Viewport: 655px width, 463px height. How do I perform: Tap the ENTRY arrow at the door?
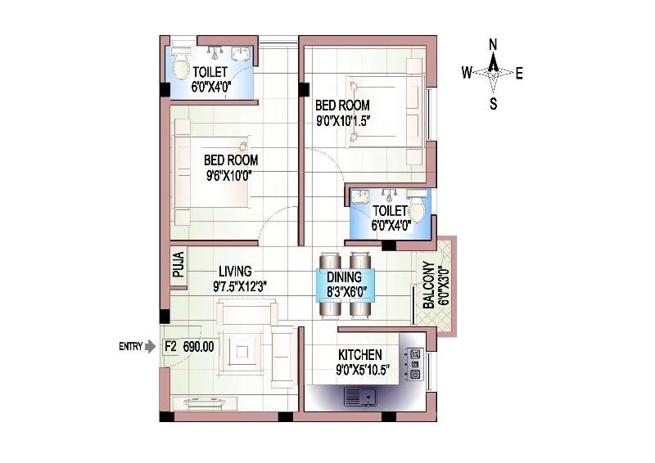149,346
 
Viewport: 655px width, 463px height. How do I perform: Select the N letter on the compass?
493,44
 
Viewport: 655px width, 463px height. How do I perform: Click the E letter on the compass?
520,74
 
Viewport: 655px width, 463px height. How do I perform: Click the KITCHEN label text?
360,355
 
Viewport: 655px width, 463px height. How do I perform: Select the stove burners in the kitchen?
415,364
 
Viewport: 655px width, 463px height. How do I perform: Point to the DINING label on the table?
344,278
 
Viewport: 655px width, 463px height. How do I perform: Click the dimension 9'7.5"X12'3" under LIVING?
240,286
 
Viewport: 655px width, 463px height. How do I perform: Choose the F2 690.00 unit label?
189,346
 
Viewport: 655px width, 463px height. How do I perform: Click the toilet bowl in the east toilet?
417,209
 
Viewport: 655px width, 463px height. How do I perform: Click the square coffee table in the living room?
242,353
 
